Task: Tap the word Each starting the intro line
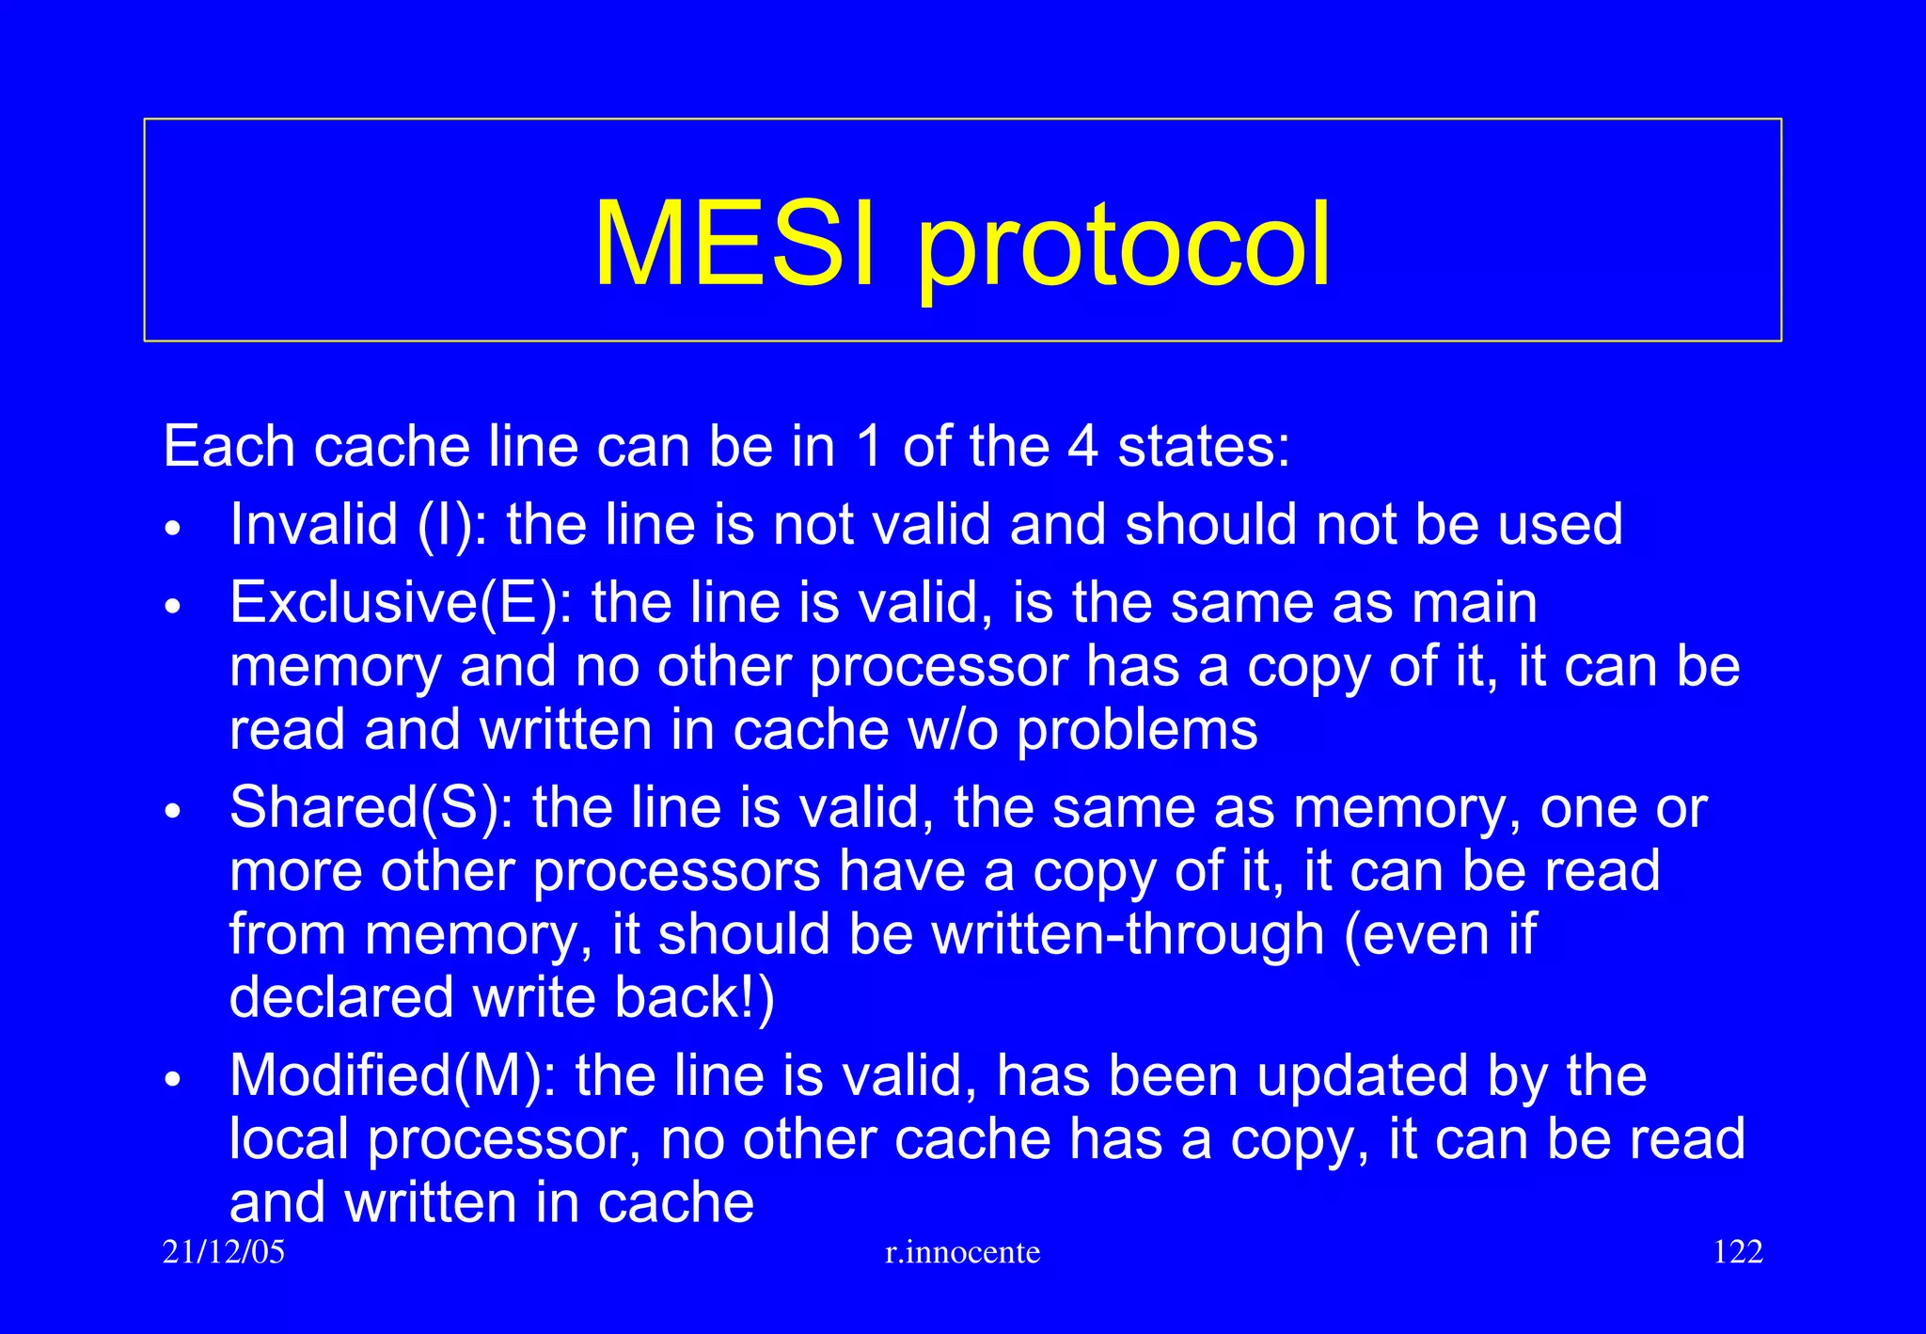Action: [229, 446]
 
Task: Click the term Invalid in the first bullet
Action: [314, 524]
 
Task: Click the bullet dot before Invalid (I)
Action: [171, 529]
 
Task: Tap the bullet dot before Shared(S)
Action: [171, 811]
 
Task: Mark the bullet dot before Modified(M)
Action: [171, 1079]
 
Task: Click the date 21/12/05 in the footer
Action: [224, 1252]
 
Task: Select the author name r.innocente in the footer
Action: [963, 1252]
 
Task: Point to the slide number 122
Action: [1738, 1252]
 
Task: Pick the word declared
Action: [342, 997]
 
